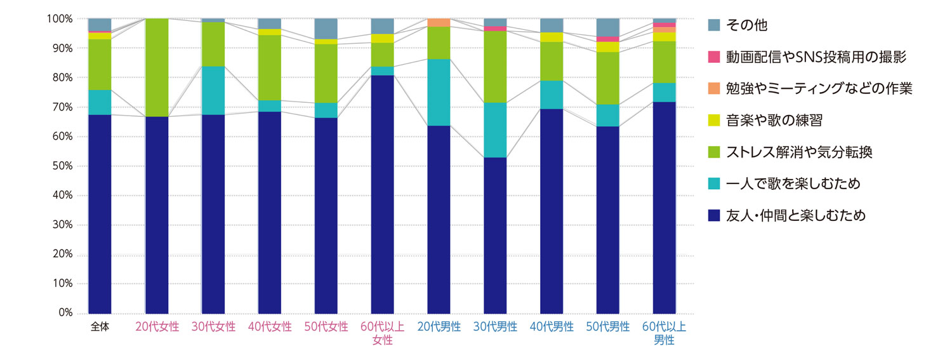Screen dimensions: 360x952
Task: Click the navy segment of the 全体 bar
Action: pos(100,214)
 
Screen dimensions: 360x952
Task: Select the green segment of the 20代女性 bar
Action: pos(157,68)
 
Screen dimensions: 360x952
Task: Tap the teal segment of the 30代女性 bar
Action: pos(213,90)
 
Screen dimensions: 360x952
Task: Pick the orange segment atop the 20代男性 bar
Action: pos(439,23)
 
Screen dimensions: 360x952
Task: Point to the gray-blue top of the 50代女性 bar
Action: pos(326,28)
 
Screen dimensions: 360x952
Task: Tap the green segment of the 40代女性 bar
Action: pos(269,67)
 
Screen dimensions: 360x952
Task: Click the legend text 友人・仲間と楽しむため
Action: pos(796,217)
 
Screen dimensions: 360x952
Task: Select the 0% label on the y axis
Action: pos(65,314)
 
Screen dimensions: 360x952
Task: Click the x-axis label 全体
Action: pos(100,328)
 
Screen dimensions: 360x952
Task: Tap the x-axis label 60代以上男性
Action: pos(664,333)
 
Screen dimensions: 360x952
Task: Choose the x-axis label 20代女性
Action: pos(157,328)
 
